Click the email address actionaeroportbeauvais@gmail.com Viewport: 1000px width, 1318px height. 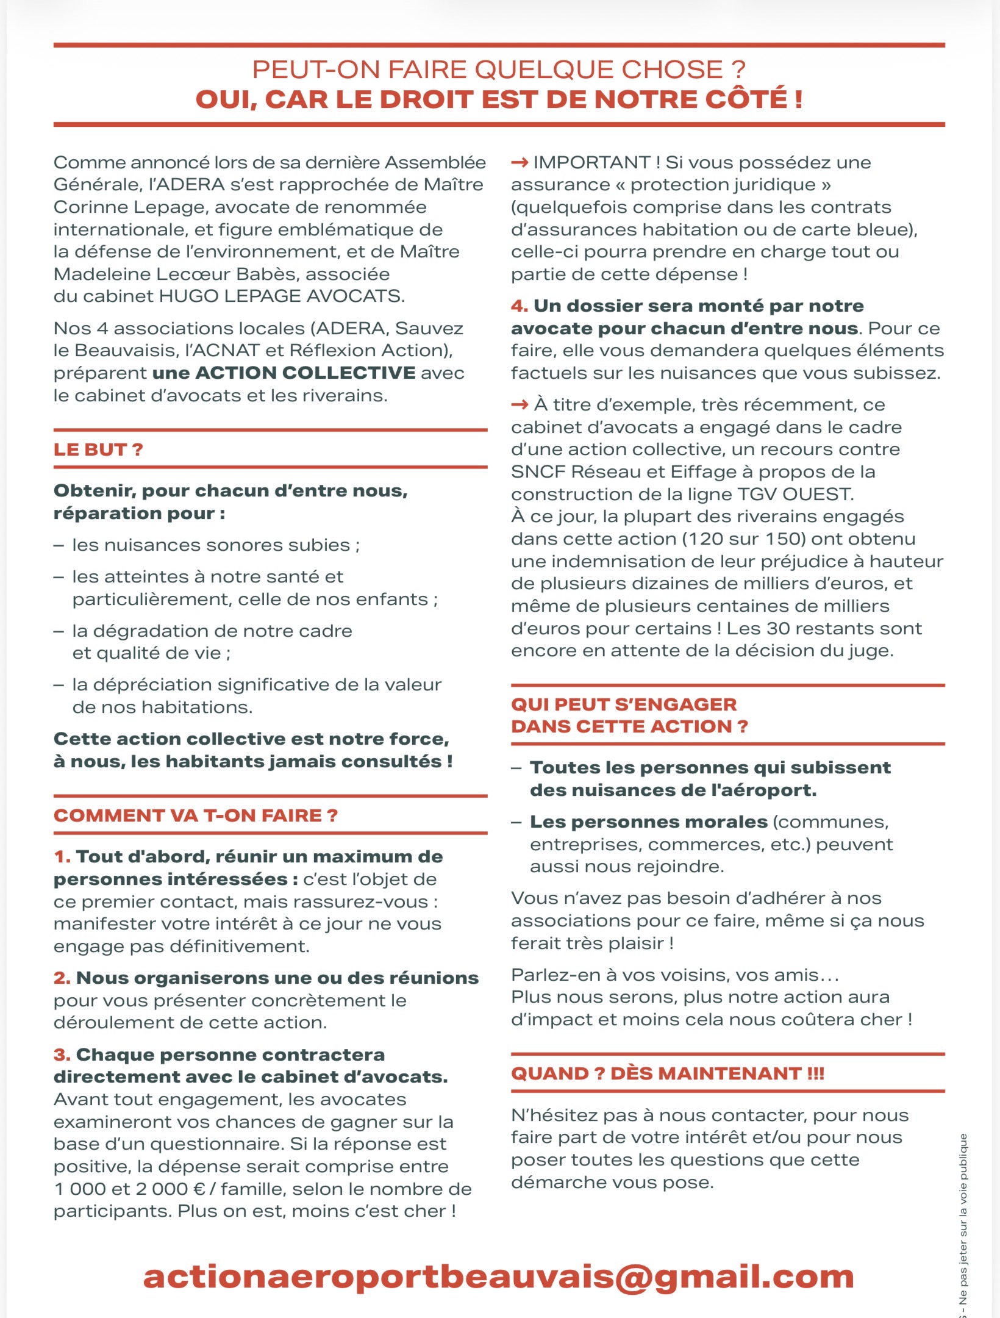coord(498,1277)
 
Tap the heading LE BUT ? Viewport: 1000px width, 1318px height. coord(98,449)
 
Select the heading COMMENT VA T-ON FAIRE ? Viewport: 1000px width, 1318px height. coord(195,815)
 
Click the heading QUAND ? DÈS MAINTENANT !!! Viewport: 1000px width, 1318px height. coord(667,1073)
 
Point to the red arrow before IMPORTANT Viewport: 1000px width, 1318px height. coord(520,163)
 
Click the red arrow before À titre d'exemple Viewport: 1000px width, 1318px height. coord(520,405)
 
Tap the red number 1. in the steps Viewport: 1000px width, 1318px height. coord(62,857)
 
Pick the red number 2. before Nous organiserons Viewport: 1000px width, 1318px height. coord(62,978)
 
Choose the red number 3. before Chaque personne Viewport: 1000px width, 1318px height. coord(62,1055)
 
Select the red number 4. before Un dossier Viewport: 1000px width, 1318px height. coord(520,306)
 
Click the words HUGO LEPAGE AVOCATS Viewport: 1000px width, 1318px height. coord(280,296)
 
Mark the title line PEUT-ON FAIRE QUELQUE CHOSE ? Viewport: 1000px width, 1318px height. coord(499,70)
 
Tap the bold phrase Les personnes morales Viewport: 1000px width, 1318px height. coord(648,822)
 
